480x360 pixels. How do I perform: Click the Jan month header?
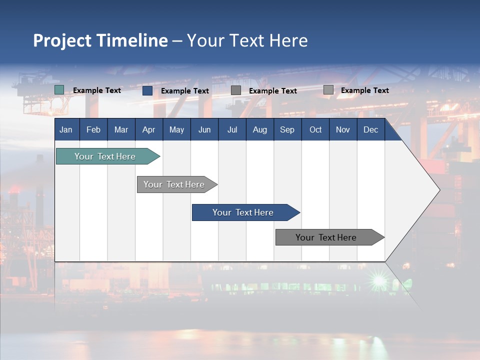point(66,129)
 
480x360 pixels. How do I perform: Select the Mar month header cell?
point(121,129)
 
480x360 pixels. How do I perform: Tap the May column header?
point(176,129)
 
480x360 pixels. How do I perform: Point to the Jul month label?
point(232,129)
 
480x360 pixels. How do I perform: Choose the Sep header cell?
point(287,129)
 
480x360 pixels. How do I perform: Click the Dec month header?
point(370,129)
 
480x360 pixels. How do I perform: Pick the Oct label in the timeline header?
point(315,129)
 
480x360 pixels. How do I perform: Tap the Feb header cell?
point(93,129)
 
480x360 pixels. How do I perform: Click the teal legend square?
point(59,90)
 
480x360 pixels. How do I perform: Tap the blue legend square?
point(147,90)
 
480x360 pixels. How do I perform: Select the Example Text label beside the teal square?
point(97,90)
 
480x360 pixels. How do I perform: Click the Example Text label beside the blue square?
point(185,91)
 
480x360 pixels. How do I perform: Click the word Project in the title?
point(62,40)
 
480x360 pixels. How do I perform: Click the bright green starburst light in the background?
point(378,279)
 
